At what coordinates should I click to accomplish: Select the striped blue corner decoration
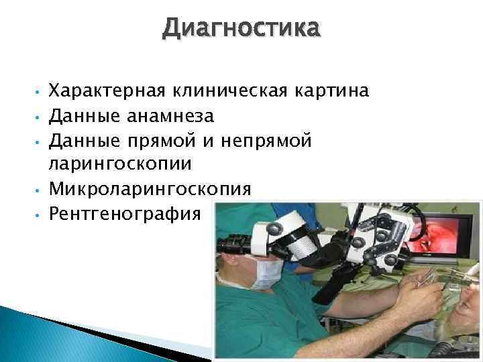(x=27, y=328)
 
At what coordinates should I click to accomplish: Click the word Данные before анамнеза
(x=83, y=117)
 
